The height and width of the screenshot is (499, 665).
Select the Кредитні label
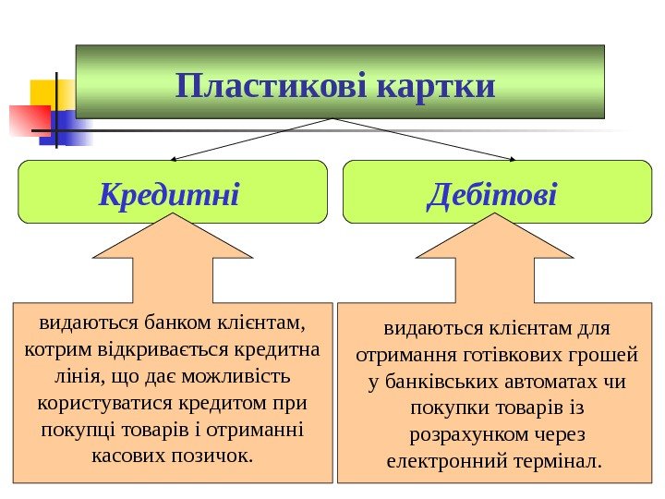[x=169, y=195]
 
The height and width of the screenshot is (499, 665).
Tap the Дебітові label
[x=493, y=195]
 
